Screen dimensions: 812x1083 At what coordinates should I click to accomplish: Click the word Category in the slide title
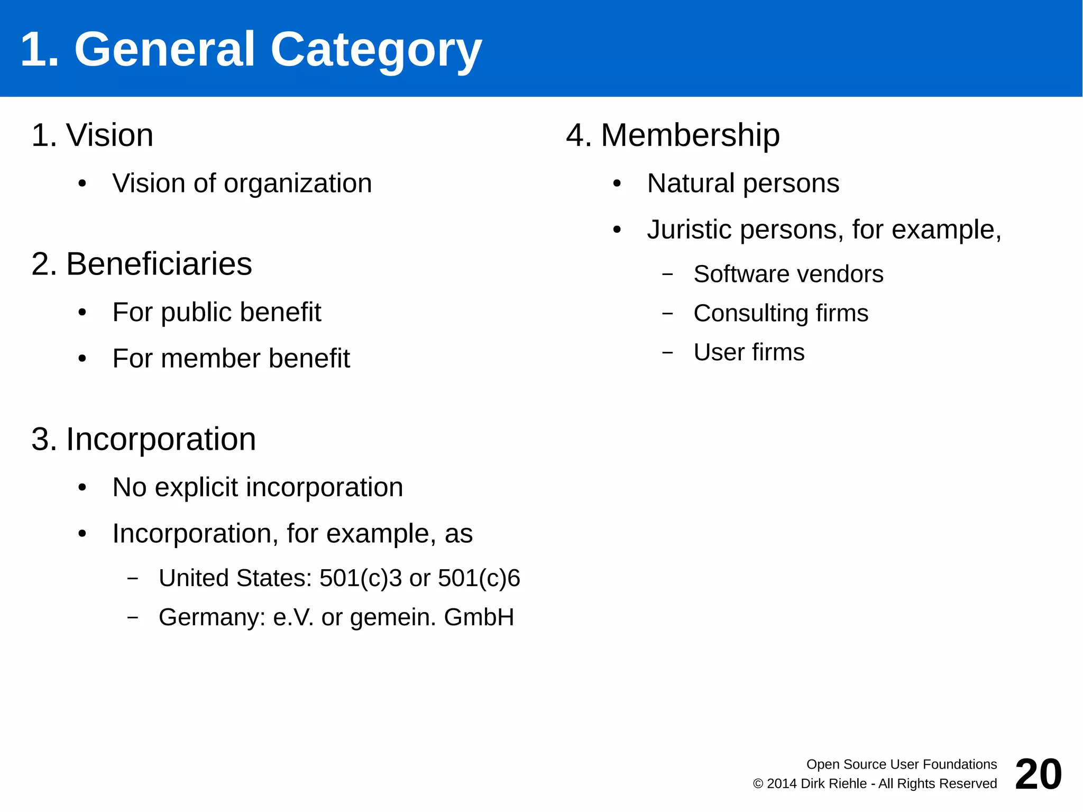pyautogui.click(x=375, y=50)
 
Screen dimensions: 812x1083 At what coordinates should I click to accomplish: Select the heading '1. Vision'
pyautogui.click(x=93, y=135)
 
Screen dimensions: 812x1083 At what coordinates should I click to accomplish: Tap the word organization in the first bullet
pyautogui.click(x=298, y=184)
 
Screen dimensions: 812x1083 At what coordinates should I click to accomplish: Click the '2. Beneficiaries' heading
pyautogui.click(x=142, y=264)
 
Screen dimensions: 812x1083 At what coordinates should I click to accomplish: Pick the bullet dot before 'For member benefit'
pyautogui.click(x=82, y=359)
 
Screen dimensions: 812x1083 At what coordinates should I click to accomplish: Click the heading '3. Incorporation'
pyautogui.click(x=144, y=439)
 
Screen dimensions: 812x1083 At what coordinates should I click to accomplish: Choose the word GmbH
pyautogui.click(x=479, y=617)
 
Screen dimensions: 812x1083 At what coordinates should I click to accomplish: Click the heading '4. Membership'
pyautogui.click(x=673, y=135)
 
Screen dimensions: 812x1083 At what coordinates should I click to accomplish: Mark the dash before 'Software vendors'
pyautogui.click(x=667, y=275)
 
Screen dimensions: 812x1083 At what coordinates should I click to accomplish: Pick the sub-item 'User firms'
pyautogui.click(x=749, y=352)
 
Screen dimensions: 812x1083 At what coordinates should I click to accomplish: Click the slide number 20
pyautogui.click(x=1038, y=774)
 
